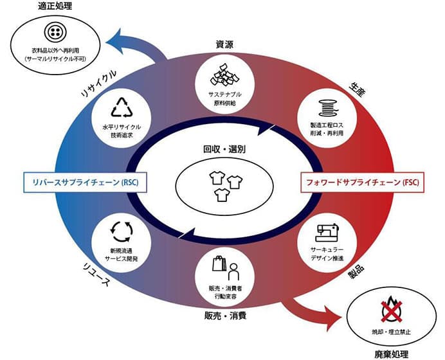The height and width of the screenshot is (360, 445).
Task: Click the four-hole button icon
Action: [x=55, y=32]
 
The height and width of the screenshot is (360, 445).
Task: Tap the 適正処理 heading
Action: [x=55, y=6]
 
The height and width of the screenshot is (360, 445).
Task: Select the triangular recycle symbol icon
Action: [x=122, y=107]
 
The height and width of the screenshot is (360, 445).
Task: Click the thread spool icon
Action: [x=328, y=108]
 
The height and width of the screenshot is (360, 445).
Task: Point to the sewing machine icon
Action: [x=327, y=232]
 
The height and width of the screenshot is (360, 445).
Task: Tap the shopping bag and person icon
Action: [x=226, y=267]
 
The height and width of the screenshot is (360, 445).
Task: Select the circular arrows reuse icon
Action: [x=122, y=231]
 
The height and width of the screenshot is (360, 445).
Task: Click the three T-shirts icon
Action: [x=226, y=186]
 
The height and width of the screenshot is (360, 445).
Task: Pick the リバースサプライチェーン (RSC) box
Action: [x=85, y=182]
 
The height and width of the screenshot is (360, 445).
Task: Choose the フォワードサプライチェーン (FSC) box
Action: [x=363, y=182]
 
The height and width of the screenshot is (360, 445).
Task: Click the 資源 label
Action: [x=225, y=45]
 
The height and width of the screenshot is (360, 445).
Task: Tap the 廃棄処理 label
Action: [x=392, y=354]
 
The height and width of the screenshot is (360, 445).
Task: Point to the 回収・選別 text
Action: [x=224, y=149]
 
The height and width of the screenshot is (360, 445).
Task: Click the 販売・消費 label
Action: [x=225, y=316]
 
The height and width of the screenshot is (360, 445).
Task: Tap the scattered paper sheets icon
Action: [x=225, y=75]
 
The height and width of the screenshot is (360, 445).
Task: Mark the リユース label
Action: [x=96, y=274]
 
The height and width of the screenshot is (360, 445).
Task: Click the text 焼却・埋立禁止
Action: [x=392, y=332]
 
